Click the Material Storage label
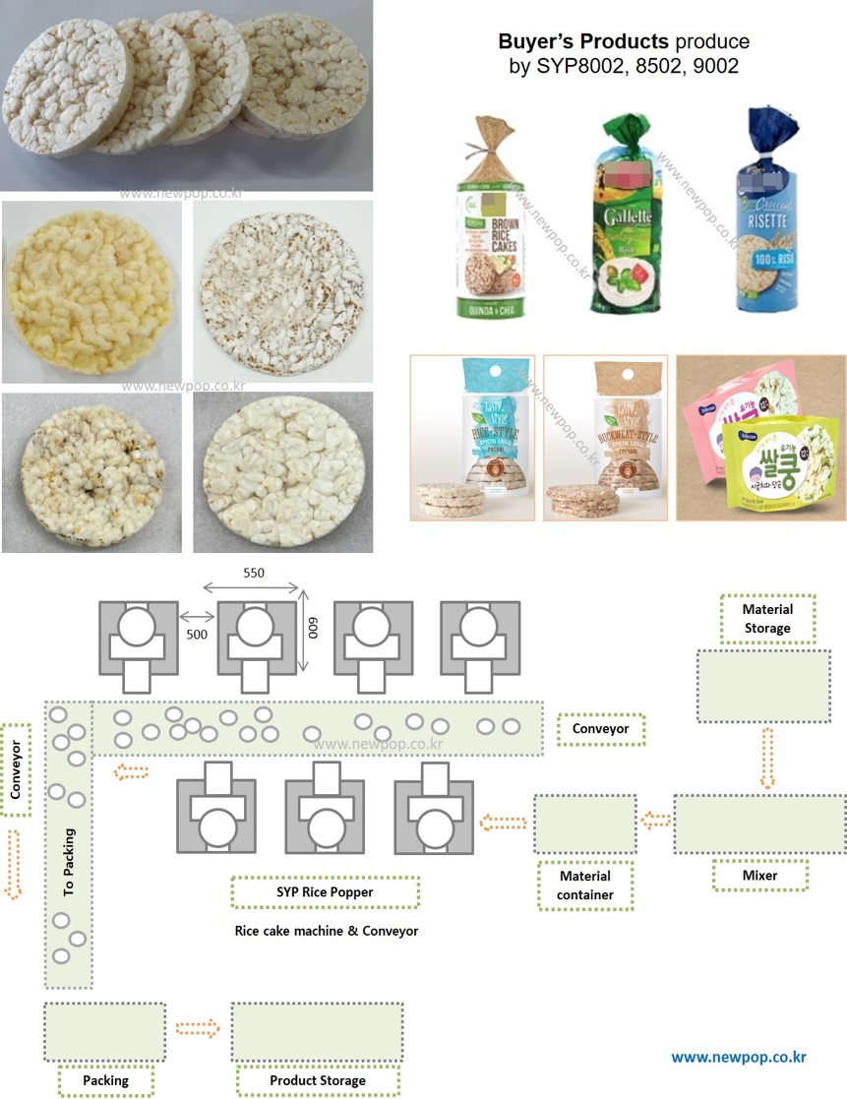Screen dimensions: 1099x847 (x=766, y=619)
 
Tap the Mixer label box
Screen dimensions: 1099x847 (x=759, y=875)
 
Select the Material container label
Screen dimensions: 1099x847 (x=583, y=885)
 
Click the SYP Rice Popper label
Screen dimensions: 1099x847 (x=325, y=892)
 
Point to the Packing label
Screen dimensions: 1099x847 (x=106, y=1080)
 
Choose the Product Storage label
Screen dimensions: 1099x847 (x=317, y=1080)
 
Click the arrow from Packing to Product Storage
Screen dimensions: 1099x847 (x=199, y=1029)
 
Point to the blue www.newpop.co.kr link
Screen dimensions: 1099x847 (x=738, y=1057)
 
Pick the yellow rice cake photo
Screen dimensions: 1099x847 (x=91, y=292)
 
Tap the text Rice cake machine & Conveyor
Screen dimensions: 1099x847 (x=326, y=931)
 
